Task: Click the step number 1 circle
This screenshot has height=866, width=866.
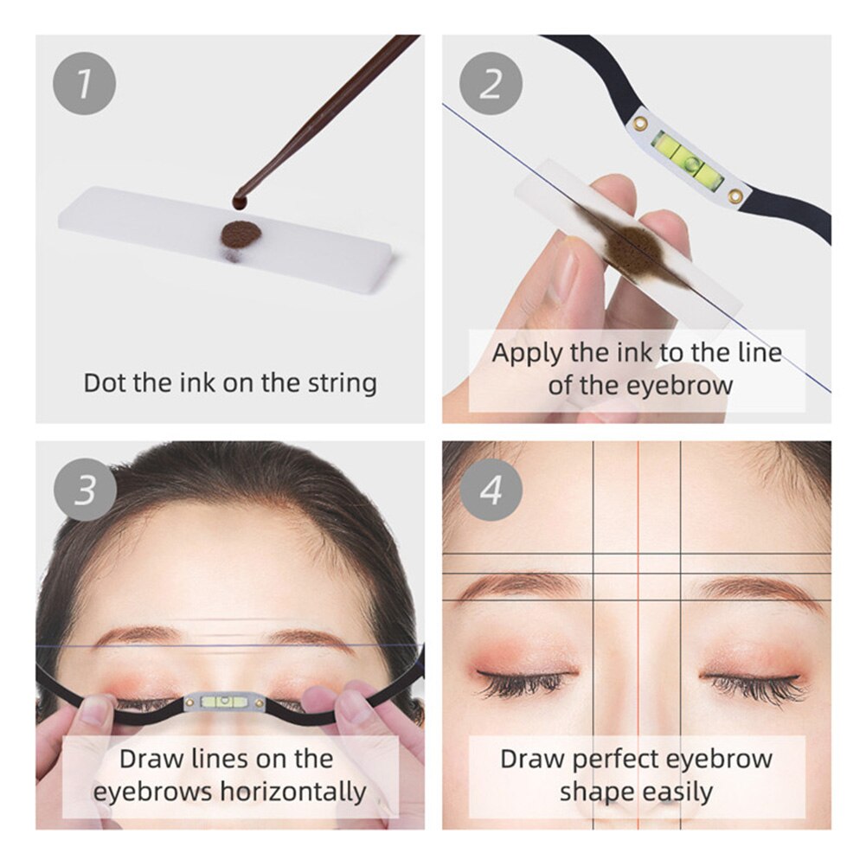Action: (x=84, y=84)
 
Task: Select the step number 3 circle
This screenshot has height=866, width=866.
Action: (x=84, y=491)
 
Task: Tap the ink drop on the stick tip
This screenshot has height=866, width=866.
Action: (x=239, y=201)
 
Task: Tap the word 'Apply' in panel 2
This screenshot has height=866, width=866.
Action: (x=528, y=353)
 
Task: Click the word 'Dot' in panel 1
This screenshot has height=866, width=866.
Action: (x=103, y=382)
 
